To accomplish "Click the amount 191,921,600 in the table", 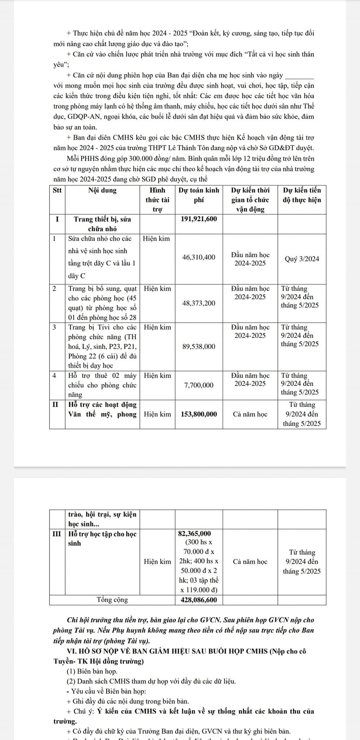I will (199, 219).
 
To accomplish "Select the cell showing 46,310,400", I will (199, 257).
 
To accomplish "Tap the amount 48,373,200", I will (199, 303).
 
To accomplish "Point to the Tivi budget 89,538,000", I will (199, 347).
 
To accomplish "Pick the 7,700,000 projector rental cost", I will (199, 385).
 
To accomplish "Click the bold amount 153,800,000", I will (199, 414).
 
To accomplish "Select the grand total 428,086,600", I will (199, 600).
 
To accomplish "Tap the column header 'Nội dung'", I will (102, 190).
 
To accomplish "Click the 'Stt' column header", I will (57, 190).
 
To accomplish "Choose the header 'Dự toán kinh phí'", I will (199, 195).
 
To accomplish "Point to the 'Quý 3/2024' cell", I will (302, 259).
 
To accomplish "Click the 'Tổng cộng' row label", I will (112, 600).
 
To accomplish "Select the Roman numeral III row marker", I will (57, 534).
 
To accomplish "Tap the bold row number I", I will (57, 219).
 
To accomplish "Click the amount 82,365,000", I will (195, 534).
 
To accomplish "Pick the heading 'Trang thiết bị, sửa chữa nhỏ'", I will (102, 224).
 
